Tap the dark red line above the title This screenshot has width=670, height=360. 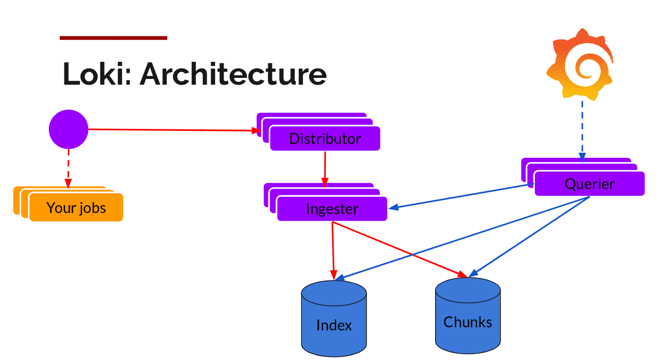(x=113, y=37)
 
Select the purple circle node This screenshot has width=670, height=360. (x=69, y=129)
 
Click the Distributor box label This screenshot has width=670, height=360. (x=325, y=139)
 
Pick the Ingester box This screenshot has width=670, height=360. (x=332, y=209)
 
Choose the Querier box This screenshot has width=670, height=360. (x=589, y=184)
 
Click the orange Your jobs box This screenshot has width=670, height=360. (x=76, y=208)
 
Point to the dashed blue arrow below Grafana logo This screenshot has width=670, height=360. (x=582, y=130)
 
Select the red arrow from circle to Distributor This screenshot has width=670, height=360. (x=172, y=130)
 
